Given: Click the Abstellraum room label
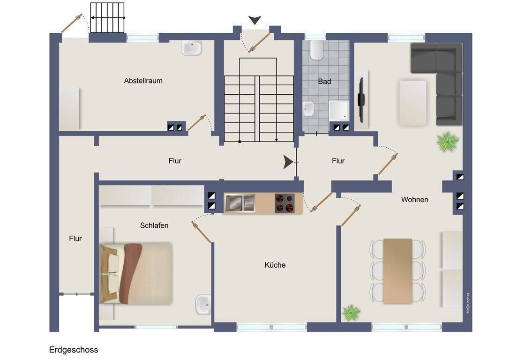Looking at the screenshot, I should [x=143, y=81].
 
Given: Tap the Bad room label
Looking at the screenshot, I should [x=324, y=82].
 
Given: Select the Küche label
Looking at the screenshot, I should [x=275, y=265].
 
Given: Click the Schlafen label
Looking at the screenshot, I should [x=154, y=225].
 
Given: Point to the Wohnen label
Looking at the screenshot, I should [x=414, y=200].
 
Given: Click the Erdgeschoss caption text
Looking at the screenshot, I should [x=74, y=350].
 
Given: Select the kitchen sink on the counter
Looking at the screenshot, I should [x=240, y=203].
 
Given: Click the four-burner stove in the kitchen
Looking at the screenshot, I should [x=284, y=203].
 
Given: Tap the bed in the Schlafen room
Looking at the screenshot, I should [x=136, y=273].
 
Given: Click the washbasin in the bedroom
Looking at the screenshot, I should [x=203, y=305].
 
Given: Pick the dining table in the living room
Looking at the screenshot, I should [x=397, y=270].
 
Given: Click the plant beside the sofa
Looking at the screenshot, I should [x=447, y=142].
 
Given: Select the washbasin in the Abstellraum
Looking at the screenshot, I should [x=192, y=48].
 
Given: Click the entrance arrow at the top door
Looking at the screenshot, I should [x=254, y=20].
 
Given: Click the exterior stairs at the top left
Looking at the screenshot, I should [x=107, y=18].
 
